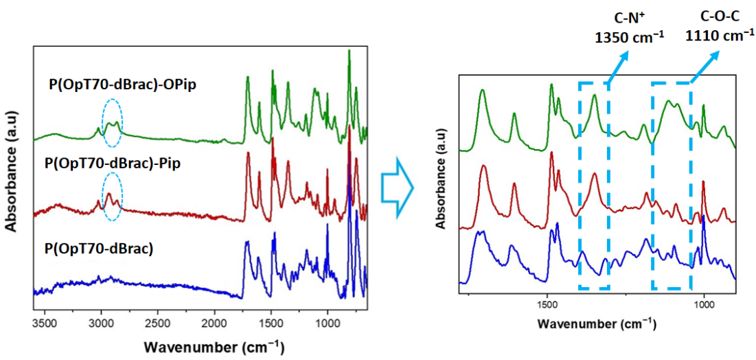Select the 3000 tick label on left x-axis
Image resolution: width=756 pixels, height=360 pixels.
pyautogui.click(x=102, y=320)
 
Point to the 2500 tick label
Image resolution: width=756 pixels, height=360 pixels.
pyautogui.click(x=158, y=320)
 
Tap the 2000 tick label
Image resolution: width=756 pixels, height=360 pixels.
pyautogui.click(x=214, y=320)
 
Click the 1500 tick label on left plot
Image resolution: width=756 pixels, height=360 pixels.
pyautogui.click(x=271, y=320)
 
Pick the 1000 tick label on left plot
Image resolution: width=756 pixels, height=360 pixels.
pyautogui.click(x=327, y=320)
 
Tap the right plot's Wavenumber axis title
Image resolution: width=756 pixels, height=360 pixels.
pyautogui.click(x=597, y=323)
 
